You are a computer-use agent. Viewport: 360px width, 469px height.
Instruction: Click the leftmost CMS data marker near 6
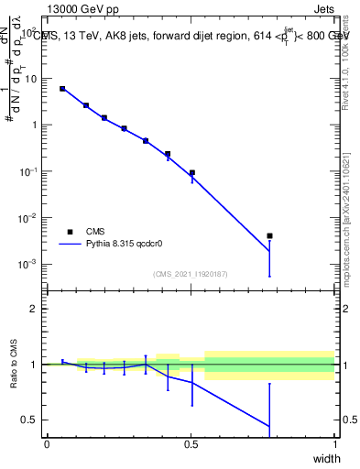pos(62,89)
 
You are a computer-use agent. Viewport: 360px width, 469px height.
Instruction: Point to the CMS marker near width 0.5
pos(191,172)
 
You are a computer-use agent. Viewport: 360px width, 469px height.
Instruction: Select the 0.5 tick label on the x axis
pos(191,444)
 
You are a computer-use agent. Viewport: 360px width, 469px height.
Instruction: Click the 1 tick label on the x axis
pos(334,444)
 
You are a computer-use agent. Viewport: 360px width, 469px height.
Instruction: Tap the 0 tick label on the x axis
pos(47,444)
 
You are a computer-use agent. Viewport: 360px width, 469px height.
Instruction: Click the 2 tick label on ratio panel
pos(33,309)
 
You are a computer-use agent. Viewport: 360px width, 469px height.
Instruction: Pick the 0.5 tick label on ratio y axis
pos(28,420)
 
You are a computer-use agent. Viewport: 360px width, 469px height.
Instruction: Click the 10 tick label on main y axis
pos(29,78)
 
